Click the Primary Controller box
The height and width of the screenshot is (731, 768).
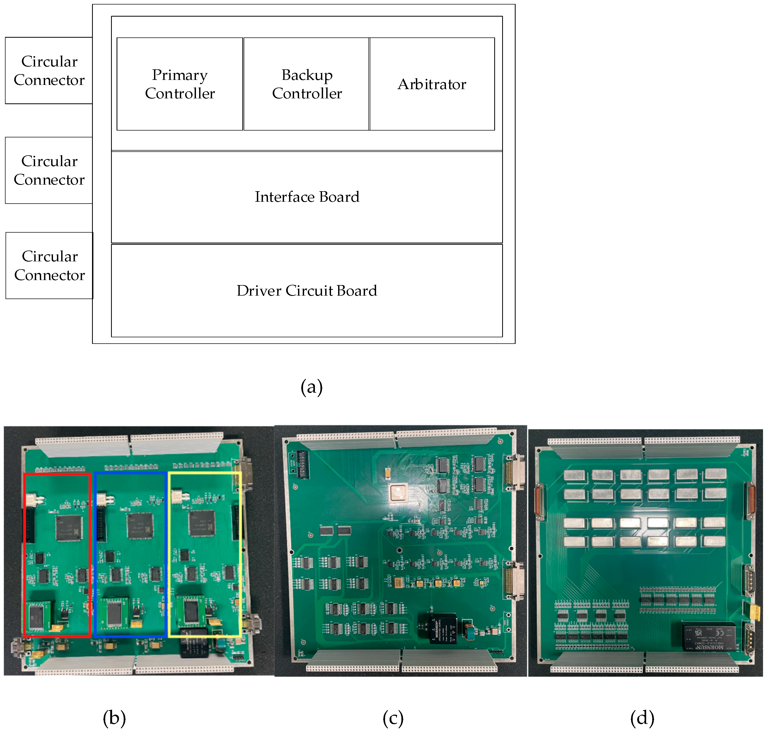(x=180, y=84)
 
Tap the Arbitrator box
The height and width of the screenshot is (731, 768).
(x=432, y=84)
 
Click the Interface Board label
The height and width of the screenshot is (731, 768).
(x=307, y=197)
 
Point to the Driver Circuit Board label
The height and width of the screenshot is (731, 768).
(x=307, y=291)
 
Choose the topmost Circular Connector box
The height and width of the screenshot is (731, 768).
(x=49, y=70)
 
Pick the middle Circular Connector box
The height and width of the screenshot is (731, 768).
(x=49, y=170)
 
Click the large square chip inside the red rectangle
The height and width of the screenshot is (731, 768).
(x=69, y=528)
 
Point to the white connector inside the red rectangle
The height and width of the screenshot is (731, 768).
(x=34, y=499)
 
